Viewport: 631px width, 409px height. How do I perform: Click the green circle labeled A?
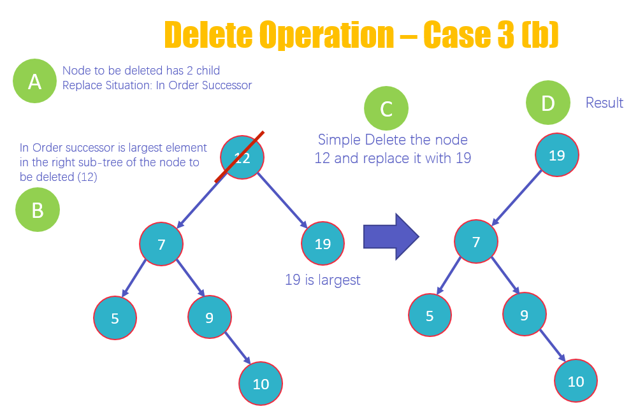point(34,81)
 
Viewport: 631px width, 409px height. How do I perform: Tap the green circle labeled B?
point(38,210)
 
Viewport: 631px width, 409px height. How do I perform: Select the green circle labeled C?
point(386,109)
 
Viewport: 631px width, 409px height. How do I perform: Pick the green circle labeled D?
point(548,103)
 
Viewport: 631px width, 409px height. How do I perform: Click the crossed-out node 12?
point(242,158)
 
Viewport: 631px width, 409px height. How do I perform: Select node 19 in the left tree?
point(323,243)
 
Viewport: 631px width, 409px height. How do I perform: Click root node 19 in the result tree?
point(556,155)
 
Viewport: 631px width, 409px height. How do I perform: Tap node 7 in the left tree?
point(161,243)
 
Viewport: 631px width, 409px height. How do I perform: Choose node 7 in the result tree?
point(476,241)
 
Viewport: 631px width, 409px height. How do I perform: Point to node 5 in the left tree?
point(115,318)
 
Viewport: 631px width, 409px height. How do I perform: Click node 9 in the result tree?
point(524,314)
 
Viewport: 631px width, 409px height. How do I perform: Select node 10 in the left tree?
point(261,384)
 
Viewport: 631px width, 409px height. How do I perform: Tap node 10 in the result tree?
point(576,381)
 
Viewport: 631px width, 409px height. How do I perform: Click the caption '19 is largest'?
point(323,279)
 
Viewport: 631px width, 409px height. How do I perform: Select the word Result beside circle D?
point(604,103)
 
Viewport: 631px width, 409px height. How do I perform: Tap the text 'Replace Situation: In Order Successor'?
point(157,85)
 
